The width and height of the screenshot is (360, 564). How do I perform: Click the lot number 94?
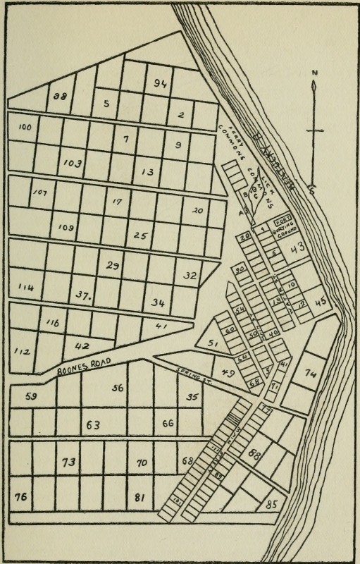(159, 84)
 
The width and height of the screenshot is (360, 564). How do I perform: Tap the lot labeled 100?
(25, 127)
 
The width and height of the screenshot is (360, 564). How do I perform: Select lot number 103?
(72, 163)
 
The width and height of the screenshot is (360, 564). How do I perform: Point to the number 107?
(40, 192)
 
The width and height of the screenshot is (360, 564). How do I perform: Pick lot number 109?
(67, 227)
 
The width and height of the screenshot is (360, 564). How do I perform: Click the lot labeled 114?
(26, 287)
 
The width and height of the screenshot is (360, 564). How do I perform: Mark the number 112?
(22, 350)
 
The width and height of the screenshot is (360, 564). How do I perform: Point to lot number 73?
(68, 462)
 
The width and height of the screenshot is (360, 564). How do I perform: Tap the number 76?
(21, 498)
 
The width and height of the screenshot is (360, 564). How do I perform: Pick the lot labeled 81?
(139, 498)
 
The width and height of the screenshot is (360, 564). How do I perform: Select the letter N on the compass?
(316, 73)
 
